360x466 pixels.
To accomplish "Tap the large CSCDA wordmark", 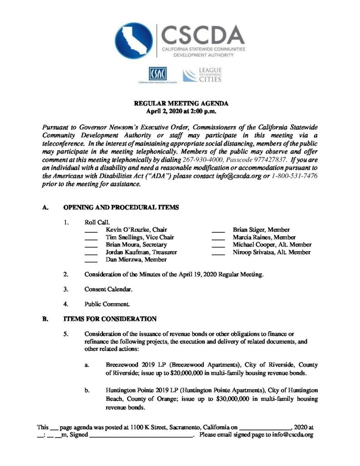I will pos(203,34).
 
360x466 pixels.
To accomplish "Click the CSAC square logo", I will pos(157,74).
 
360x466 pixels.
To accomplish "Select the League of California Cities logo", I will pos(202,75).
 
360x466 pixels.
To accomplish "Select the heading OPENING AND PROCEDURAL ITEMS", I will pos(121,208).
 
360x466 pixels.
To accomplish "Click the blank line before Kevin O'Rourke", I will pos(91,230).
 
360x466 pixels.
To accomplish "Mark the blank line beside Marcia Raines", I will pos(218,238).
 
